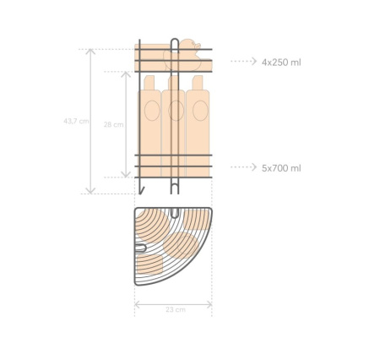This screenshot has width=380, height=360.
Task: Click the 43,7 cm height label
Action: tap(76, 122)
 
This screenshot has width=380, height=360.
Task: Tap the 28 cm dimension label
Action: tap(113, 124)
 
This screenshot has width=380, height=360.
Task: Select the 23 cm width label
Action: tap(176, 310)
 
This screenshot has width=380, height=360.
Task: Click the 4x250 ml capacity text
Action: tap(281, 63)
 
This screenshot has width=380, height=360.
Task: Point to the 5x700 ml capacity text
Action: tap(281, 168)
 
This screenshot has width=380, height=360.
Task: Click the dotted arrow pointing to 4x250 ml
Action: tap(244, 61)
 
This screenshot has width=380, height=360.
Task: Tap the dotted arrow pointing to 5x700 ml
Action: tap(244, 167)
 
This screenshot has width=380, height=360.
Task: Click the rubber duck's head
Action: tap(189, 45)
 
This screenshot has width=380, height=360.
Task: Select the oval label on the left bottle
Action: tap(152, 111)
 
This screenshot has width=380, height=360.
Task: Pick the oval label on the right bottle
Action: tap(200, 111)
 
